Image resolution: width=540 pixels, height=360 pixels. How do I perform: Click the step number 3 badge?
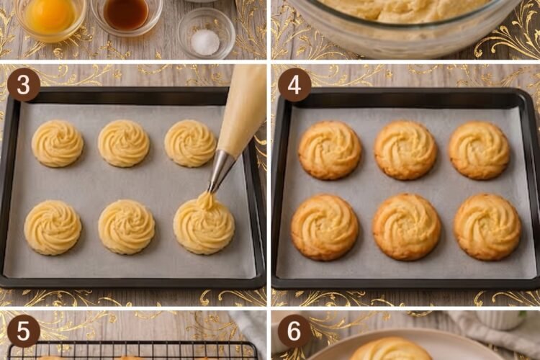[x=24, y=85]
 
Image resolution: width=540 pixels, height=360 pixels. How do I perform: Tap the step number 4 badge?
[x=294, y=85]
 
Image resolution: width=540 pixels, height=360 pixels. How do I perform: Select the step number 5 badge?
[x=24, y=331]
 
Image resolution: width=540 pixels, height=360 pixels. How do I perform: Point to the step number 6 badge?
[x=294, y=331]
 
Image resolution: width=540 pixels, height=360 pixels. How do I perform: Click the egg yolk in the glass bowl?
[x=50, y=16]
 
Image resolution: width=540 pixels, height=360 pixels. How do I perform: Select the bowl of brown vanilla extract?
[x=127, y=14]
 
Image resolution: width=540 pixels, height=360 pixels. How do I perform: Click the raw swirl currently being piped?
[x=204, y=222]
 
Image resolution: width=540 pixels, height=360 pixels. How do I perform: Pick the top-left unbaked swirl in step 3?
[x=58, y=143]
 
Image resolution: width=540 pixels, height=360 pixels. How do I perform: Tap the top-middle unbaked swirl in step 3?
[x=124, y=143]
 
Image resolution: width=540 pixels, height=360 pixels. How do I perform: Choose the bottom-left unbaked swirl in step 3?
[x=53, y=228]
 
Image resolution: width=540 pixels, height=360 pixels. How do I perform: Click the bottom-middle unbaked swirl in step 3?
[x=127, y=228]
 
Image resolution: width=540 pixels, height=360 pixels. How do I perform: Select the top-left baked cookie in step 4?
[x=330, y=150]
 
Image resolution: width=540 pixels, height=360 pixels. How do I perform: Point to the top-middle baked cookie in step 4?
[x=405, y=150]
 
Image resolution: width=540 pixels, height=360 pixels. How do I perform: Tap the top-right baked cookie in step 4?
[x=480, y=150]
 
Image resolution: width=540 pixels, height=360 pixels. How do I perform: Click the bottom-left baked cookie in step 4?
[x=325, y=228]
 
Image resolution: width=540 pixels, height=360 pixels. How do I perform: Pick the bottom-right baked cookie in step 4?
[x=487, y=227]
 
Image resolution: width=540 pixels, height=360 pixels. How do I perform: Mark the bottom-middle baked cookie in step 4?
[x=407, y=227]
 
